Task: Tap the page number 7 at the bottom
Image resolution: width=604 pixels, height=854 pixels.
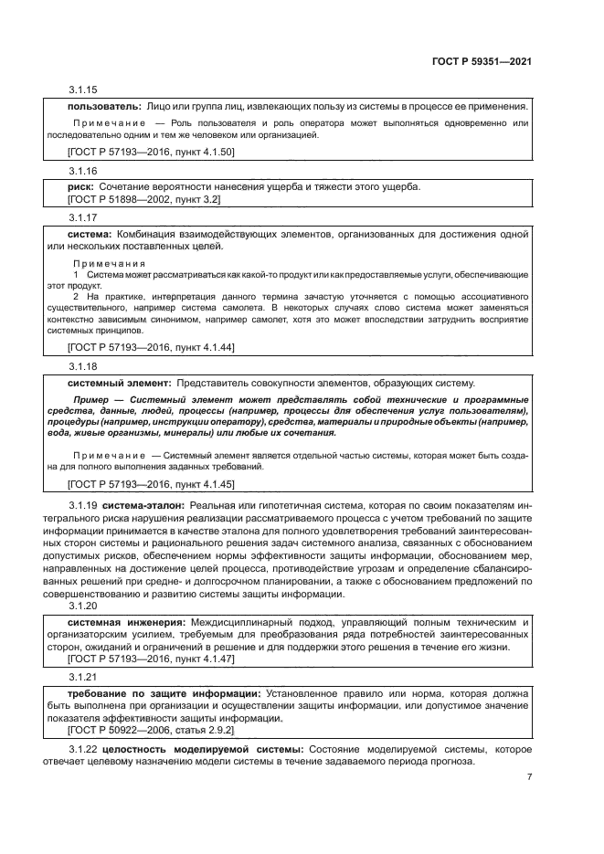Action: pyautogui.click(x=529, y=777)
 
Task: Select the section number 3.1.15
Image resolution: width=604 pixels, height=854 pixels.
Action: pyautogui.click(x=83, y=90)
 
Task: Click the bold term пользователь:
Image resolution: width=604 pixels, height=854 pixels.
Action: pyautogui.click(x=103, y=106)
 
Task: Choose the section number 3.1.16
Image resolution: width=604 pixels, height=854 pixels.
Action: pyautogui.click(x=83, y=171)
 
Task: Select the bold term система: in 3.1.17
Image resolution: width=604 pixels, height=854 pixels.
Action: pyautogui.click(x=90, y=235)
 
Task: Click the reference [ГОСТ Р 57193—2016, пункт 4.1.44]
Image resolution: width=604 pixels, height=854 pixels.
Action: pyautogui.click(x=151, y=348)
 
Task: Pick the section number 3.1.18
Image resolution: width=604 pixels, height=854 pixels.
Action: pyautogui.click(x=83, y=366)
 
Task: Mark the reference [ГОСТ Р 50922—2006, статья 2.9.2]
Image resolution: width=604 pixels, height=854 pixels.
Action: pyautogui.click(x=151, y=731)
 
